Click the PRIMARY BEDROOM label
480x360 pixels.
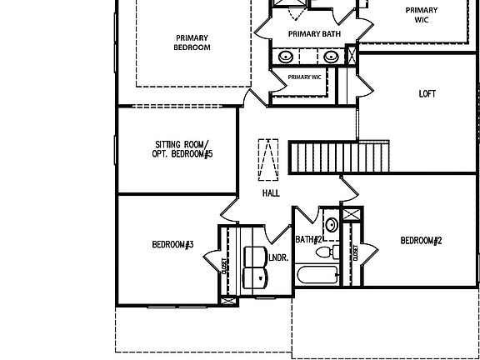tap(192, 42)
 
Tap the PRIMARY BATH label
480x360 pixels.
tap(314, 33)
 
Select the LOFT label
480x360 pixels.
tap(427, 94)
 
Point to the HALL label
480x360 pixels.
tap(271, 193)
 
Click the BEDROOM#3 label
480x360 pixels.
tap(172, 245)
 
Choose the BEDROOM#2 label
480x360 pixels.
tap(421, 241)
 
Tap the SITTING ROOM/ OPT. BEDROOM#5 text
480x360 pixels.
tap(182, 149)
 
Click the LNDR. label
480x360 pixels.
tap(278, 257)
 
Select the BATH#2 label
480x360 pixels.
tap(308, 239)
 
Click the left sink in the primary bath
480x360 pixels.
tap(286, 57)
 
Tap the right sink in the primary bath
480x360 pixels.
tap(331, 57)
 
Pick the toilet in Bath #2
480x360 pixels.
tap(327, 252)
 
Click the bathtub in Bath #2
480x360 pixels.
tap(317, 275)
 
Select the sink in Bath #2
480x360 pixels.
tap(331, 225)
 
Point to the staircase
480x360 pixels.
tap(339, 157)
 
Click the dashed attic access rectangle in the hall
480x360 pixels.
tap(268, 160)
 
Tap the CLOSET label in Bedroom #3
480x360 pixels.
tap(224, 266)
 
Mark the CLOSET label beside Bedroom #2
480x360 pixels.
tap(355, 252)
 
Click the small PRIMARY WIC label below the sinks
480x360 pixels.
tap(305, 77)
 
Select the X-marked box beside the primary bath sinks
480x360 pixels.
tap(352, 55)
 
